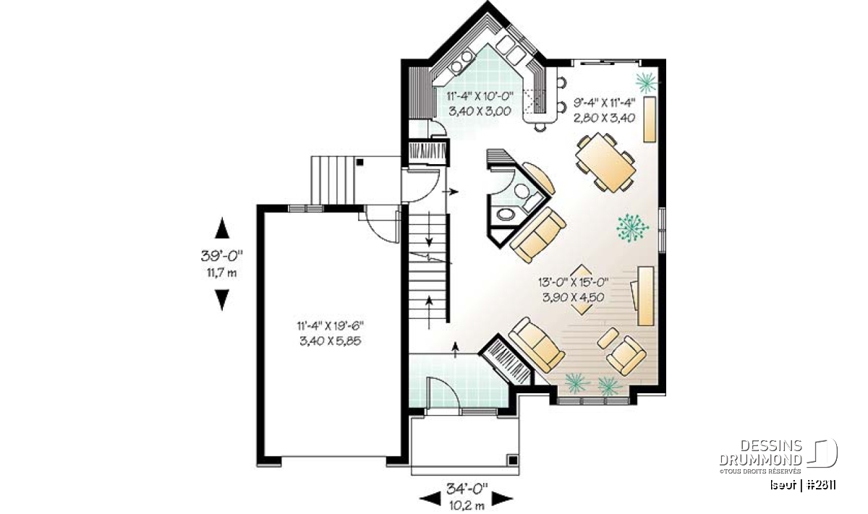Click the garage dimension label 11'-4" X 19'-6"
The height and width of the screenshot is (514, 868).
pyautogui.click(x=331, y=326)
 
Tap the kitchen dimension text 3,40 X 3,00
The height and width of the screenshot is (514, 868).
pyautogui.click(x=480, y=111)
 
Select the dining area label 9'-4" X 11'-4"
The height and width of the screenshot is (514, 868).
pyautogui.click(x=605, y=103)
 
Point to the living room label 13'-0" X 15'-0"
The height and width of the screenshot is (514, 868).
pyautogui.click(x=573, y=282)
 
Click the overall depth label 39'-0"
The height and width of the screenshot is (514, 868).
pyautogui.click(x=221, y=256)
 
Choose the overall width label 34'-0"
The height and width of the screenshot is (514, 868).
pyautogui.click(x=467, y=489)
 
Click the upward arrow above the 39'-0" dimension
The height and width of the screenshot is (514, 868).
pyautogui.click(x=222, y=228)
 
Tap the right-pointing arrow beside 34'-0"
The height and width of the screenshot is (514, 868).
pyautogui.click(x=502, y=499)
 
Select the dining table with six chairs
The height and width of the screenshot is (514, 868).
pyautogui.click(x=605, y=162)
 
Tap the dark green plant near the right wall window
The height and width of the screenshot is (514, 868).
pyautogui.click(x=632, y=228)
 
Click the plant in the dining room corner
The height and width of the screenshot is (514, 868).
pyautogui.click(x=647, y=82)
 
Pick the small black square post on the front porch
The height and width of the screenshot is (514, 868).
pyautogui.click(x=513, y=461)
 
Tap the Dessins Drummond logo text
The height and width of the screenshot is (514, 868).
pyautogui.click(x=761, y=453)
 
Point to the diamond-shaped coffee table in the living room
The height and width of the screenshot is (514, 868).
pyautogui.click(x=582, y=290)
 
